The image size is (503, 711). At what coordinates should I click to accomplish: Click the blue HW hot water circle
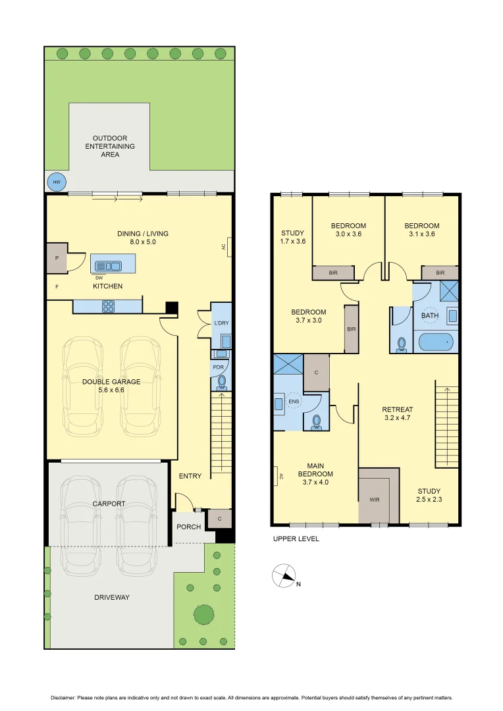coord(56,182)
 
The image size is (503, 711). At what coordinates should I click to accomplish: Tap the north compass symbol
coord(284,576)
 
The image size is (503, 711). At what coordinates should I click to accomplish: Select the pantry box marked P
coord(57,258)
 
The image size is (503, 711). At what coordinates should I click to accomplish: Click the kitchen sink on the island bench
coord(108,266)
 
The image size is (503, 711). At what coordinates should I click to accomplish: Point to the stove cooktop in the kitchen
coord(108,306)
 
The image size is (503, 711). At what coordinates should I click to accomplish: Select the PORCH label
coord(188,527)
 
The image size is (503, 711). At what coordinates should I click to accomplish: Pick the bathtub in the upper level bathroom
coord(435,342)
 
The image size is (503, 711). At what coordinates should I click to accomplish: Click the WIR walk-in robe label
coord(375,500)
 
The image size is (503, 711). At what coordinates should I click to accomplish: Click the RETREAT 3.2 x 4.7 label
coord(398,413)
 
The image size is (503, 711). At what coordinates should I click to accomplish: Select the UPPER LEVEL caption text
coord(296,539)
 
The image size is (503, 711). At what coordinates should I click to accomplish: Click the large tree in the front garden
coord(204,614)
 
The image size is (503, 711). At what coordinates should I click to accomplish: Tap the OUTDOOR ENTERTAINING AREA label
coord(110,146)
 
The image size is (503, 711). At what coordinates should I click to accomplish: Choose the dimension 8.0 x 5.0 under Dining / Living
coord(142,242)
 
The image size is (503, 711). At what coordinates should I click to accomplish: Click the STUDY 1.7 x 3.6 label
coord(293,237)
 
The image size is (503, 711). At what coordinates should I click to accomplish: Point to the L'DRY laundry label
coord(221,323)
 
